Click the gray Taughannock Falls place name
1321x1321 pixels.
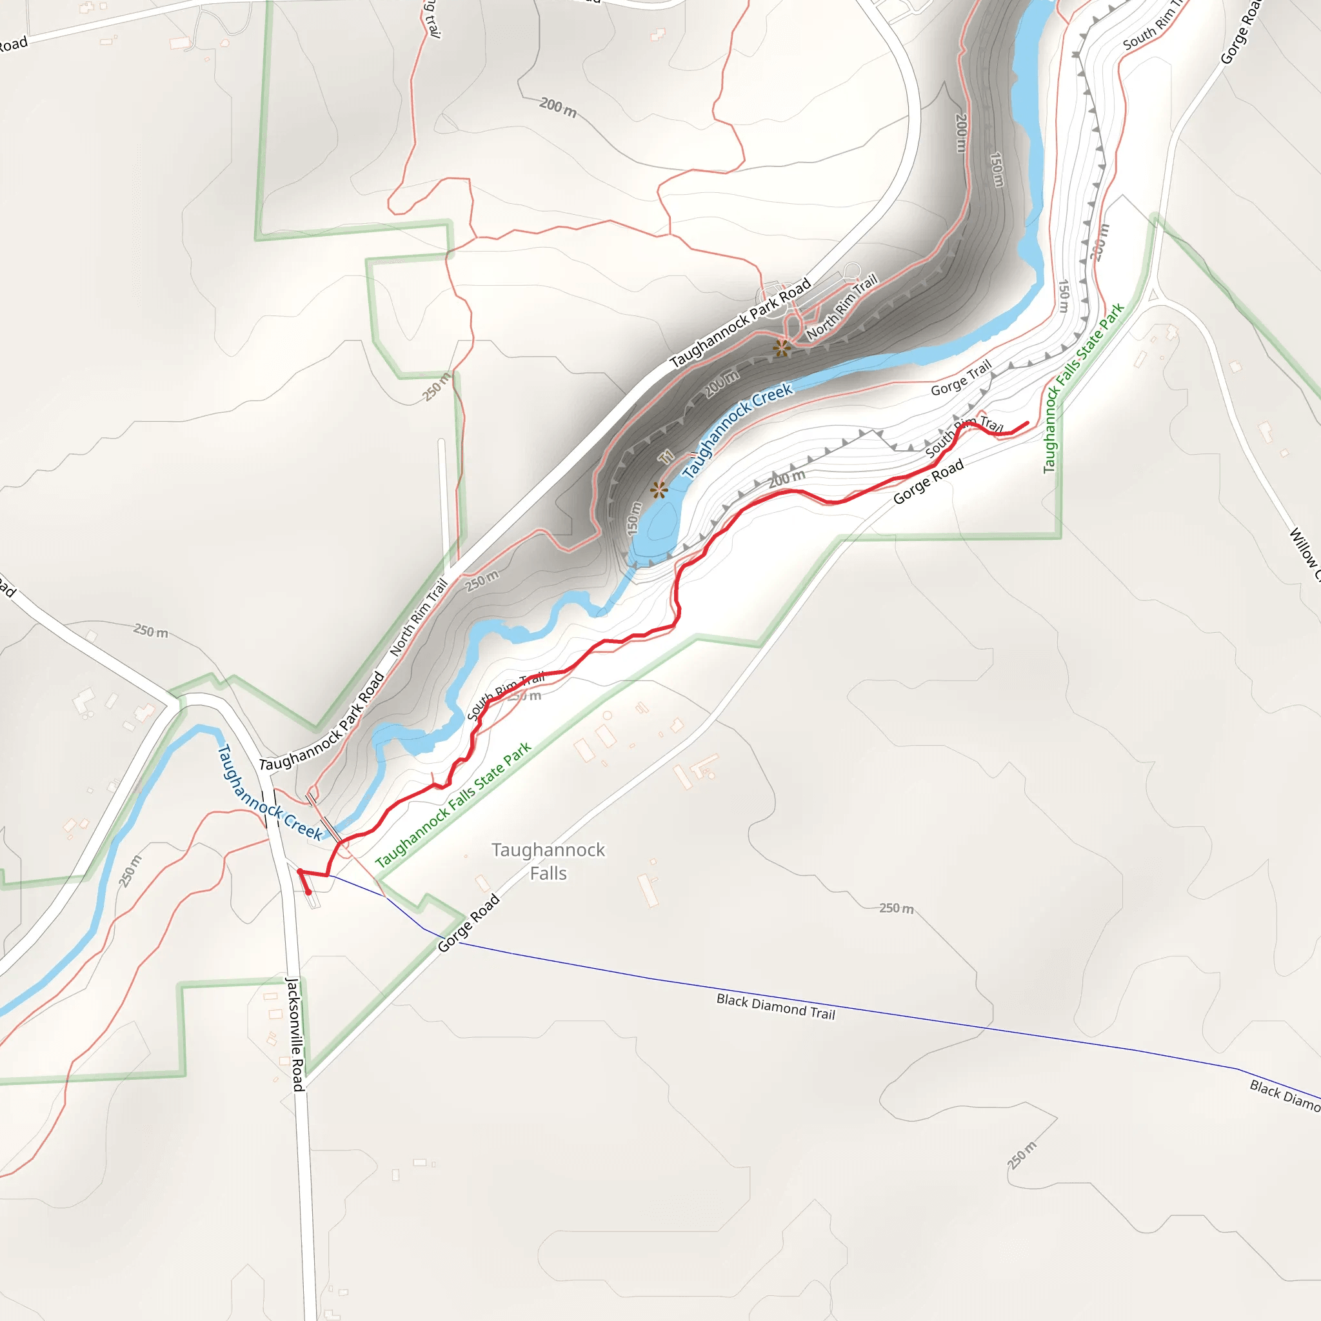(548, 862)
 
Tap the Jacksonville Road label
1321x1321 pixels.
(295, 1034)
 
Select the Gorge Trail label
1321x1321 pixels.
(960, 378)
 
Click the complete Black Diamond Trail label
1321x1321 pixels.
(775, 1006)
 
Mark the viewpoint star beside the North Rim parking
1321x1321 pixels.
(782, 348)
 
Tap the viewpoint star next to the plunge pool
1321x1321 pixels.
(659, 490)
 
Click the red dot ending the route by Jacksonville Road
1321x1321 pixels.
(308, 892)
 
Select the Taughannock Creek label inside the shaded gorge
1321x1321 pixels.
(737, 430)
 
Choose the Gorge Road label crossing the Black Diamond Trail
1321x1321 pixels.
(468, 923)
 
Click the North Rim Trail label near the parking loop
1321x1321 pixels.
(842, 306)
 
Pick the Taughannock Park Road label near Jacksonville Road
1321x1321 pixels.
(322, 722)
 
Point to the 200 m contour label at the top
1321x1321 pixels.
(558, 107)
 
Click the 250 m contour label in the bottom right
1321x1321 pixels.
(1022, 1155)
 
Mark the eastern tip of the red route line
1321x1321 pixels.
(1028, 422)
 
